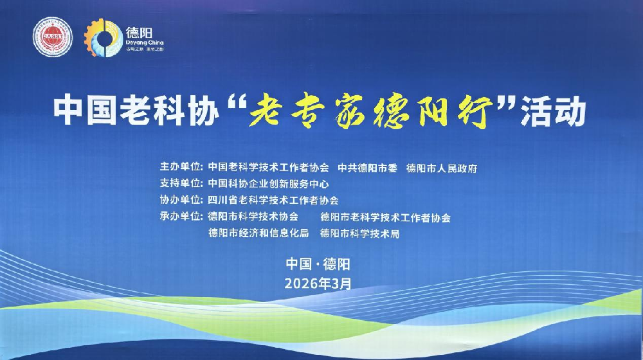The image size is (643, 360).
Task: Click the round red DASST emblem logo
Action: tap(53, 37)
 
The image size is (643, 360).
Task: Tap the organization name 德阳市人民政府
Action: tap(442, 168)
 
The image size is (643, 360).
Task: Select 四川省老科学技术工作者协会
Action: tap(273, 200)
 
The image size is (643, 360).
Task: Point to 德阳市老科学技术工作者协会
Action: tap(385, 217)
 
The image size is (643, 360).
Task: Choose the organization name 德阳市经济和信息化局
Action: tap(258, 233)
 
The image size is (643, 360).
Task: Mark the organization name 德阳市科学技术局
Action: tap(359, 233)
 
